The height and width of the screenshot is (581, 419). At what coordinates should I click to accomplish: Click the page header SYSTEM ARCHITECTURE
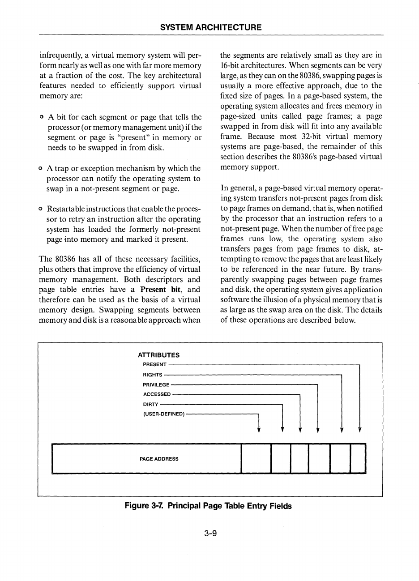click(211, 27)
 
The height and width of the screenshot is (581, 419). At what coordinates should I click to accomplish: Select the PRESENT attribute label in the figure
click(154, 364)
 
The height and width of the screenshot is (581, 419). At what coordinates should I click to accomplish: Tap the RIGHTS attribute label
click(152, 375)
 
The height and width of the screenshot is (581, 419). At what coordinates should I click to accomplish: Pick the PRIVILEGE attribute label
click(156, 384)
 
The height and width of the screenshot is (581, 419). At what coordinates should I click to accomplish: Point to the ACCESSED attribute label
click(157, 394)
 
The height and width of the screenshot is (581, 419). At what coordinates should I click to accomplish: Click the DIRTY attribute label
click(150, 404)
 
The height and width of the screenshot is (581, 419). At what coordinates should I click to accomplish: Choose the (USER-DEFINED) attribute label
click(164, 414)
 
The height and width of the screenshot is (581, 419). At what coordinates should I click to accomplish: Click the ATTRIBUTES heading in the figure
click(158, 355)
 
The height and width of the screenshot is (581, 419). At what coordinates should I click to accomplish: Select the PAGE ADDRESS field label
click(159, 459)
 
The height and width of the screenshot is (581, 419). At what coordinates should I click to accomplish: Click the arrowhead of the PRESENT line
click(359, 431)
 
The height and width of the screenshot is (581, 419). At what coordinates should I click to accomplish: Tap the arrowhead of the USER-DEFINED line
click(259, 431)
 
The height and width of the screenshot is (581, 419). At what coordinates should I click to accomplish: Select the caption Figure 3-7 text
click(208, 506)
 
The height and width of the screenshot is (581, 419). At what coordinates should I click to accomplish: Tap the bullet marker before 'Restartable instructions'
click(41, 209)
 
